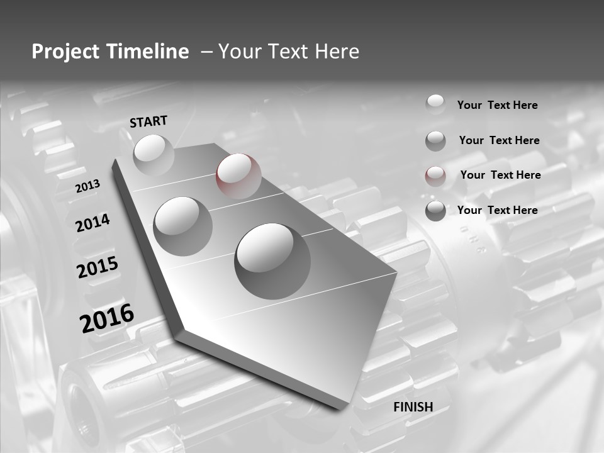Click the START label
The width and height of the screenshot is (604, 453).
[148, 121]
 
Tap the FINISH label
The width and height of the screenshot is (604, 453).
[413, 407]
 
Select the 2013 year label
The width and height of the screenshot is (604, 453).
[88, 186]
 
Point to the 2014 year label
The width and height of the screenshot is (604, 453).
[93, 223]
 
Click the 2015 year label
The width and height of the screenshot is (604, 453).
[98, 267]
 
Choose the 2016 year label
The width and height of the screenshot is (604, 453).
[107, 318]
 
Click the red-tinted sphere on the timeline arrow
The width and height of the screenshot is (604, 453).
[238, 176]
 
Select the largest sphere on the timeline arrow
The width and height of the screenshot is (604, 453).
[272, 260]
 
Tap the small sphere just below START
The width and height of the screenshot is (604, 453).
[154, 155]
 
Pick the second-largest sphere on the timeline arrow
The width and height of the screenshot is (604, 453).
[183, 226]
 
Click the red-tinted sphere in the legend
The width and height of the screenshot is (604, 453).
[435, 176]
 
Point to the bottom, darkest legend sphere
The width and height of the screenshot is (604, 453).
[435, 211]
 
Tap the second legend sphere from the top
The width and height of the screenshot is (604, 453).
[435, 141]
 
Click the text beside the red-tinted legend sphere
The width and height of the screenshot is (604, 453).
[500, 175]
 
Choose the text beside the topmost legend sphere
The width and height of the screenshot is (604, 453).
[497, 105]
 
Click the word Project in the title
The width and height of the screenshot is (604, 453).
[64, 52]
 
